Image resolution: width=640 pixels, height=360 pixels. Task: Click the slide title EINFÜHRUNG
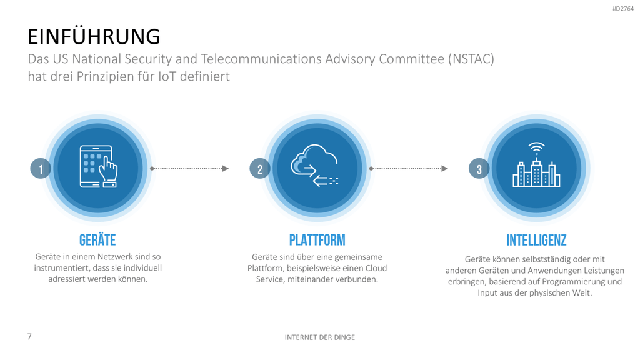[x=94, y=36]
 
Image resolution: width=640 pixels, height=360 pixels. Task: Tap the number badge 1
[x=41, y=169]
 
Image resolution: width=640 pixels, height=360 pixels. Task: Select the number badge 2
[x=260, y=169]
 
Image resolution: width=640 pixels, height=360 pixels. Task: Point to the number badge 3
[x=479, y=169]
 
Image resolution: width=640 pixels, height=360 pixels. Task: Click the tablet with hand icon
[x=98, y=166]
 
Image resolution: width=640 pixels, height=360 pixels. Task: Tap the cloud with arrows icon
[x=315, y=165]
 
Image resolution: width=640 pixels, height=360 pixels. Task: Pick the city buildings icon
[x=536, y=164]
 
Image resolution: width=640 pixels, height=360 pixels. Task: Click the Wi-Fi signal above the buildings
[x=536, y=147]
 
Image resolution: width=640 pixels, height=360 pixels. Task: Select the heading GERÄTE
[x=97, y=240]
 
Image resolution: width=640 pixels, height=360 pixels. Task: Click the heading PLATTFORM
[x=317, y=240]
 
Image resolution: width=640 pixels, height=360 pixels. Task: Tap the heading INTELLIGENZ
[x=536, y=240]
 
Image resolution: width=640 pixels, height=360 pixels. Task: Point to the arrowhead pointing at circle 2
[x=225, y=169]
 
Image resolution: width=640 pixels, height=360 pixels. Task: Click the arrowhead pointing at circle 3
[x=444, y=169]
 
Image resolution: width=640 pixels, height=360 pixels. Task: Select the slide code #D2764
[x=623, y=9]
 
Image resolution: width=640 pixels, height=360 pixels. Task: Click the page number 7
[x=29, y=336]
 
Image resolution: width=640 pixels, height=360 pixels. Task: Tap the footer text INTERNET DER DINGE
[x=320, y=337]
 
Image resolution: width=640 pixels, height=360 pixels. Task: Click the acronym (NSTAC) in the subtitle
[x=471, y=59]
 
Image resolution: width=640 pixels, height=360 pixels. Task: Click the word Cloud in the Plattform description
[x=376, y=268]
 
